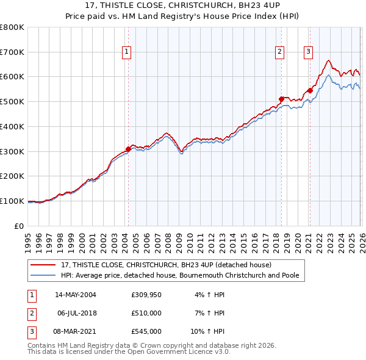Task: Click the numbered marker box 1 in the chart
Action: pyautogui.click(x=126, y=52)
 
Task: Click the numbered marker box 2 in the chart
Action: pyautogui.click(x=279, y=52)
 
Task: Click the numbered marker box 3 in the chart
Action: pyautogui.click(x=309, y=52)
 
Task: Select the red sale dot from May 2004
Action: pyautogui.click(x=128, y=148)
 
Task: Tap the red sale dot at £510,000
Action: pyautogui.click(x=281, y=98)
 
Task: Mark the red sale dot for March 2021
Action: pyautogui.click(x=310, y=90)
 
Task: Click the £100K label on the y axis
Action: pyautogui.click(x=12, y=201)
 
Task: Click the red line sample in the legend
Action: pyautogui.click(x=44, y=265)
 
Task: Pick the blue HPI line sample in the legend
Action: pyautogui.click(x=44, y=275)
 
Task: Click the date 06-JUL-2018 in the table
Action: pyautogui.click(x=76, y=313)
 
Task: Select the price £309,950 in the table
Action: pyautogui.click(x=146, y=295)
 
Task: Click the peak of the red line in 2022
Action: pyautogui.click(x=328, y=60)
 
